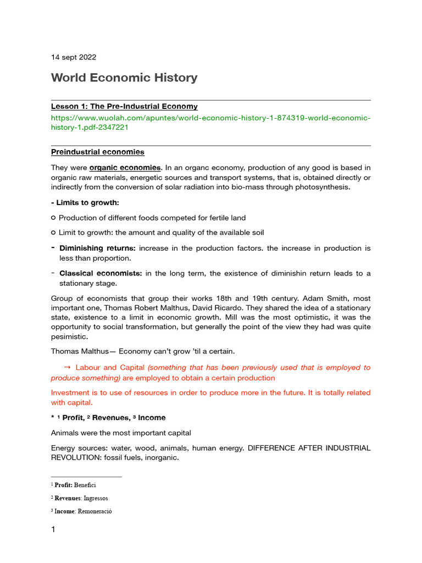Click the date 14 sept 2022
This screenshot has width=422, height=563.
tap(73, 57)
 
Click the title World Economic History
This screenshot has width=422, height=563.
tap(124, 78)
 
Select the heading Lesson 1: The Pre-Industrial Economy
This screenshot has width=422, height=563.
tap(124, 107)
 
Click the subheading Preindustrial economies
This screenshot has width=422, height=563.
tap(97, 152)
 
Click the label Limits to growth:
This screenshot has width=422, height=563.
tap(87, 203)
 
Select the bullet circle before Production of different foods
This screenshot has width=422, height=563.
tap(53, 218)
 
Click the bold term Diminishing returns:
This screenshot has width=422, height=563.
tap(97, 249)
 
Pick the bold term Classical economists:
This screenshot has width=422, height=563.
tap(101, 273)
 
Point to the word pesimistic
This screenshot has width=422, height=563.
tap(69, 337)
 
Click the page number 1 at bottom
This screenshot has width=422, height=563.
tap(53, 530)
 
